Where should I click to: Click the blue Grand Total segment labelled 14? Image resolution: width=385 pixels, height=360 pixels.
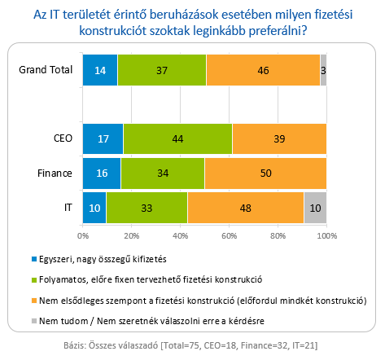(100, 70)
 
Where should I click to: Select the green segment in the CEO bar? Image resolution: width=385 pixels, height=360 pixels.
(177, 138)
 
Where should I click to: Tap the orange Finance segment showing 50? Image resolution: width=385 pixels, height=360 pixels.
(265, 173)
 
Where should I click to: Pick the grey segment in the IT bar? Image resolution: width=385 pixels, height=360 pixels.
(315, 208)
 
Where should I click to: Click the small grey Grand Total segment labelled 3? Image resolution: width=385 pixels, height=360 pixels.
(323, 70)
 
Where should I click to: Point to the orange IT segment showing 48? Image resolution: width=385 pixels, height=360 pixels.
(246, 208)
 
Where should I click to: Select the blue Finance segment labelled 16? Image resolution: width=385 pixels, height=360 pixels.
(102, 173)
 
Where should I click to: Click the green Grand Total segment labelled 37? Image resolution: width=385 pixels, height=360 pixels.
(162, 70)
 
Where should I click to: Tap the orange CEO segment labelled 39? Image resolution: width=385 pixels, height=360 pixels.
(279, 138)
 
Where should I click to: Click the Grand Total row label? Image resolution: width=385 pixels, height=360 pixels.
(46, 70)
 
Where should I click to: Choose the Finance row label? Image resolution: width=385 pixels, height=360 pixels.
(55, 173)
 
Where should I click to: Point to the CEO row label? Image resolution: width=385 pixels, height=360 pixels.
(63, 138)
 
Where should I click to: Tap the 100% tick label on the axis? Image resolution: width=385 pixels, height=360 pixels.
(327, 235)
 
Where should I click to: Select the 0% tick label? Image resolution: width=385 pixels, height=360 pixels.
(83, 235)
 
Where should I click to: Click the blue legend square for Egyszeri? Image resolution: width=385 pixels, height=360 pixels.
(34, 259)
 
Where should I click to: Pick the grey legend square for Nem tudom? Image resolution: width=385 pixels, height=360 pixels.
(34, 321)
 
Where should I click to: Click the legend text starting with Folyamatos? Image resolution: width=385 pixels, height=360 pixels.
(151, 279)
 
